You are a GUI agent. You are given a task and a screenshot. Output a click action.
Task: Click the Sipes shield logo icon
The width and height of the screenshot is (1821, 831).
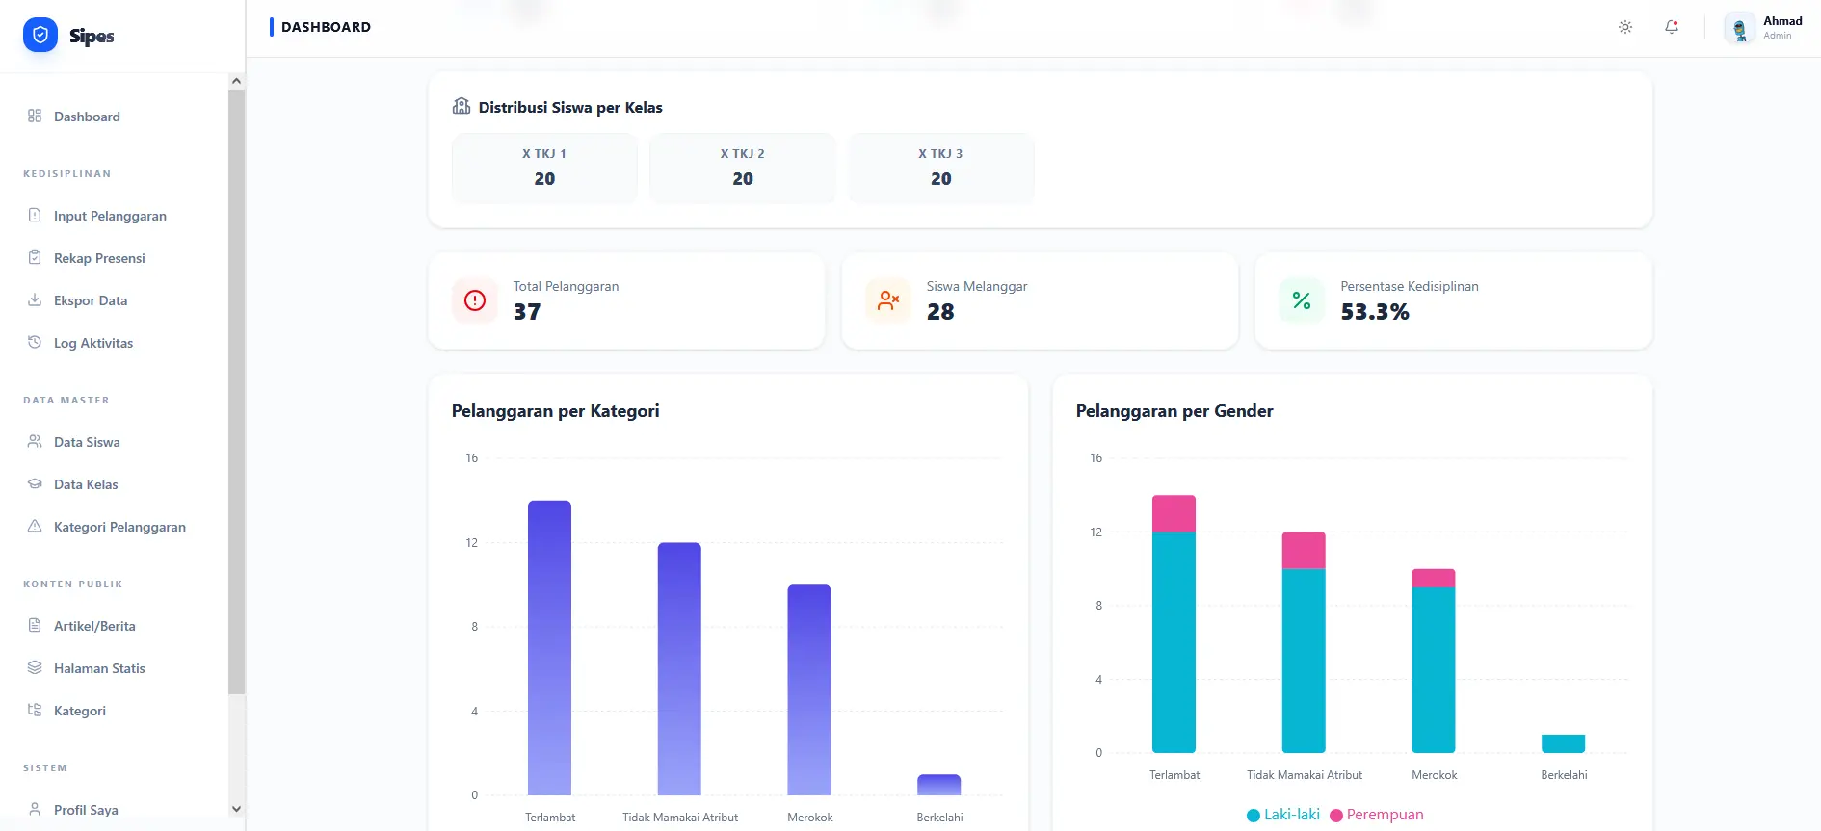click(40, 36)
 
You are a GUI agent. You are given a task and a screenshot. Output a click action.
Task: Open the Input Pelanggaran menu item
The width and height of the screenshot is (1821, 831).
click(110, 216)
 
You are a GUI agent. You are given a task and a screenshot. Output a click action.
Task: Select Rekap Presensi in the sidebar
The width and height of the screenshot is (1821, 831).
click(99, 258)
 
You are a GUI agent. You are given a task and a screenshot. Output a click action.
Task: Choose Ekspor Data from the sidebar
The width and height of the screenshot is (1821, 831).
click(91, 300)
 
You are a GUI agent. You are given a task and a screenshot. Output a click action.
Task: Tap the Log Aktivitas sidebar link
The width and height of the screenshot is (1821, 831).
click(93, 343)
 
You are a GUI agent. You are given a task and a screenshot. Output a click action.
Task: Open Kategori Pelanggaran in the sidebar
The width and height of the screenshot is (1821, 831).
click(119, 527)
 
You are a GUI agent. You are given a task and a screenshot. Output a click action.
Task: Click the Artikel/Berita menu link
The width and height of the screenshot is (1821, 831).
click(94, 626)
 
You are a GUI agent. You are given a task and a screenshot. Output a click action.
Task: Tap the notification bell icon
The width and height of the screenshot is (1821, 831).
click(1672, 27)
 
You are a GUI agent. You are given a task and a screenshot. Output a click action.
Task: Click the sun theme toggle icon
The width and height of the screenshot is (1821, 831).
click(1625, 27)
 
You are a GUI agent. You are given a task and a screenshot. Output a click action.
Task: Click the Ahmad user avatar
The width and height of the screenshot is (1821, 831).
click(1739, 29)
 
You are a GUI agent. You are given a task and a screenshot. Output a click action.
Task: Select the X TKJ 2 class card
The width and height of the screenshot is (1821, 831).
click(743, 168)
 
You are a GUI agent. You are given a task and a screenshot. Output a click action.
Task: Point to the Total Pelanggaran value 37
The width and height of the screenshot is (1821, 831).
click(527, 312)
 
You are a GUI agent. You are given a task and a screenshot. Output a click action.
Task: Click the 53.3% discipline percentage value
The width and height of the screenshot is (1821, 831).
click(1375, 312)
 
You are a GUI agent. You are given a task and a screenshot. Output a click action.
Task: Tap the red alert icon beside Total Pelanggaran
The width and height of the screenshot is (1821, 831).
click(475, 300)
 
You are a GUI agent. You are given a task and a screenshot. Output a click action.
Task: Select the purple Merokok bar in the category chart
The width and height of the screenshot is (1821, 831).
click(809, 688)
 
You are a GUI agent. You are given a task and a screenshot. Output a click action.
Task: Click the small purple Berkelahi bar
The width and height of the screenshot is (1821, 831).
click(939, 785)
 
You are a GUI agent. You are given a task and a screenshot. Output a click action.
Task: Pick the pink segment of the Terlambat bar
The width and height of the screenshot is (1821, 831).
click(1174, 513)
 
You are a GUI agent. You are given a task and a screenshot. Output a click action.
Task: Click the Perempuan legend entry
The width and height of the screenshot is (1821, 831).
click(1377, 815)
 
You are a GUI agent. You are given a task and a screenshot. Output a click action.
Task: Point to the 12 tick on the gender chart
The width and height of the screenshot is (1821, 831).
click(1095, 532)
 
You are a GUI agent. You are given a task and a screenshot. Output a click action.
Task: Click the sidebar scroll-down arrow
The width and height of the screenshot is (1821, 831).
click(237, 809)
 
